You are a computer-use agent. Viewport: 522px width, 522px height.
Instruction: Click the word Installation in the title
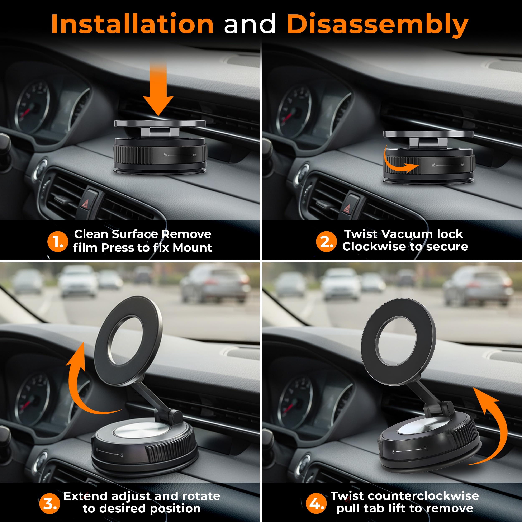[x=132, y=24]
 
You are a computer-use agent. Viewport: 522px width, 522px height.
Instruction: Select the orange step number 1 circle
[x=58, y=241]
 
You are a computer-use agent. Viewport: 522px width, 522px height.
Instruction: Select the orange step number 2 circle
[x=326, y=241]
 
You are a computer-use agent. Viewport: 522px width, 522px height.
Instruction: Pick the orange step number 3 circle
[x=49, y=504]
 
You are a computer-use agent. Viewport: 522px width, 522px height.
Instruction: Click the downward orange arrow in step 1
[x=158, y=89]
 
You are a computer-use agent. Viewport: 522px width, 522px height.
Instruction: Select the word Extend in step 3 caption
[x=86, y=496]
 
